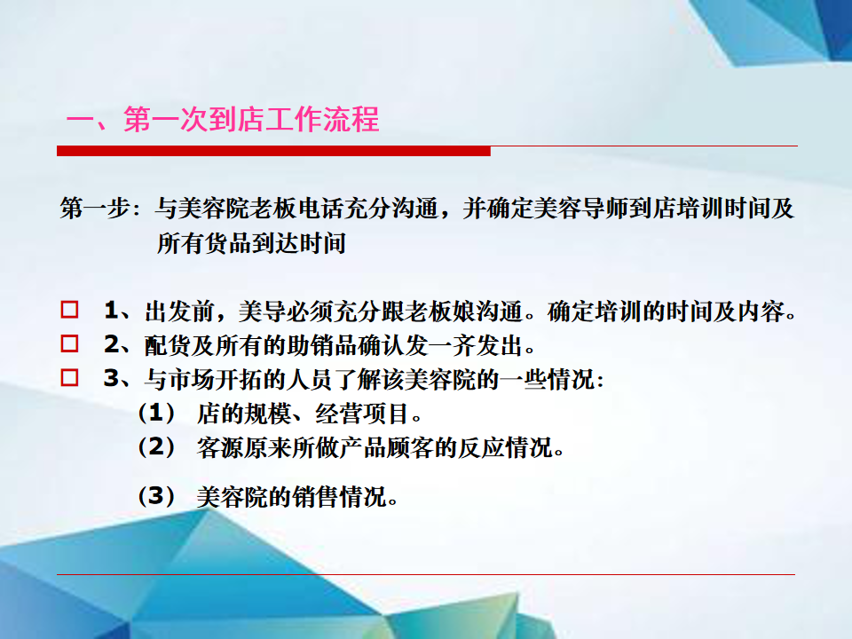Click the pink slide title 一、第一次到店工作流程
(223, 120)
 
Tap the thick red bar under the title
(273, 151)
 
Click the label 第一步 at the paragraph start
(95, 208)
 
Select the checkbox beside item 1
(69, 310)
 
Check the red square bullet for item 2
(69, 343)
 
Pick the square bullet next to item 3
(69, 378)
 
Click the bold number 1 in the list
(112, 311)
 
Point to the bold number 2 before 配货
(112, 344)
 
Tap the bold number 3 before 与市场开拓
(112, 378)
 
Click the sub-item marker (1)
(156, 413)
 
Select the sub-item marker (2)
(156, 447)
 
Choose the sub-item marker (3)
(156, 496)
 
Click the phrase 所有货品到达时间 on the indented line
(251, 243)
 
